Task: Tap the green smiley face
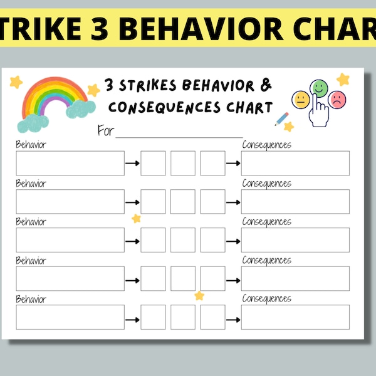pos(320,87)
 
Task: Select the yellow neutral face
pos(301,99)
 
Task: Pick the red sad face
pos(338,99)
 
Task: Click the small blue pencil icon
pos(281,118)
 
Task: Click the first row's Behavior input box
pos(70,163)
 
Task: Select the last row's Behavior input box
pos(70,317)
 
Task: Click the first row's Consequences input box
pos(295,163)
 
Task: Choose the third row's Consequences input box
pos(295,240)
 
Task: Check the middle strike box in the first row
pos(183,163)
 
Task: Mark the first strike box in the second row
pos(153,202)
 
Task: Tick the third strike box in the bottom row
pos(213,317)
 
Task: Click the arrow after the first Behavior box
pos(132,164)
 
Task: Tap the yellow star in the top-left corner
pos(16,81)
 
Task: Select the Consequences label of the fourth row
pos(266,260)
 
